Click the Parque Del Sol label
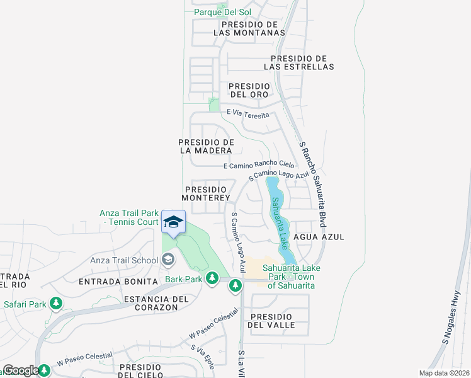pos(222,12)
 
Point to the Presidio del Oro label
pos(249,90)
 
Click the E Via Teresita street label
pos(248,113)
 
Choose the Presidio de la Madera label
pos(207,146)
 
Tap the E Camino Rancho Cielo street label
pos(259,165)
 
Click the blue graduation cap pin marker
pos(173,222)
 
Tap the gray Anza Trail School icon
pos(168,260)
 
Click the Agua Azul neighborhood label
pos(323,236)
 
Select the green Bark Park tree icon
pos(213,278)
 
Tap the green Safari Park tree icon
pos(56,304)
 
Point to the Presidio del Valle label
pos(271,320)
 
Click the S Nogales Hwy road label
pos(455,323)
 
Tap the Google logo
pos(20,370)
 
